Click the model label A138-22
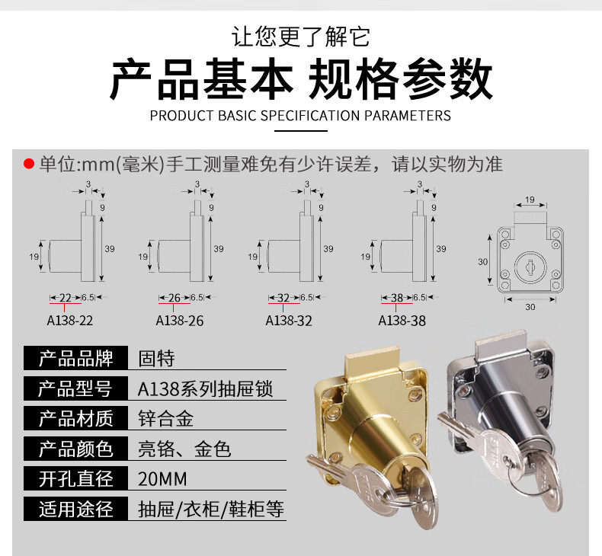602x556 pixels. tap(70, 321)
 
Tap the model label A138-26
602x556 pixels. tap(180, 321)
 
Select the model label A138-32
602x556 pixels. tap(289, 321)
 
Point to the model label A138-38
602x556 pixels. tap(402, 321)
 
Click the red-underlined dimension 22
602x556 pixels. tap(65, 298)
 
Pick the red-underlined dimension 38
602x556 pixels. tap(397, 298)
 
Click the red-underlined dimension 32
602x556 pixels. tap(284, 298)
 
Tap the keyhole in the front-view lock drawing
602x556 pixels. tap(526, 267)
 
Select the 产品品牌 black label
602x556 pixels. tap(75, 358)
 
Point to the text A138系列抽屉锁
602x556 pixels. tap(205, 389)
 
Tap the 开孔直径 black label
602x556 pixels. tap(75, 479)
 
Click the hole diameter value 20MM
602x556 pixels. tap(162, 479)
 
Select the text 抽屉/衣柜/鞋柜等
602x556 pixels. tap(211, 509)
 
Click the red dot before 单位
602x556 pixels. tap(29, 164)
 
